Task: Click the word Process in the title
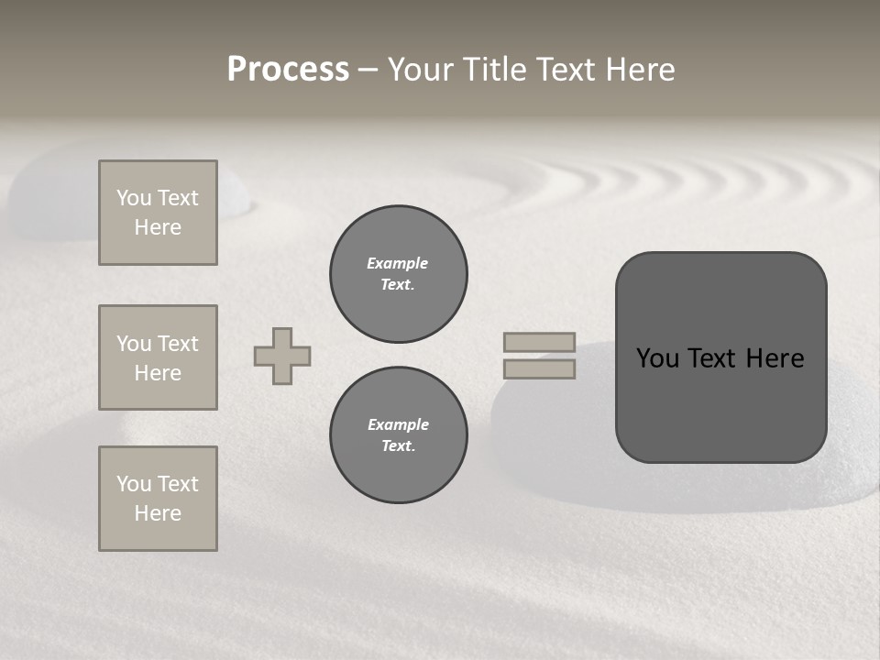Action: [x=288, y=70]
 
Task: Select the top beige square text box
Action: [x=158, y=213]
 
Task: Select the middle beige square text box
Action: [x=158, y=357]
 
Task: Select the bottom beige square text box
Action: [x=158, y=499]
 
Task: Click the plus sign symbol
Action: [x=282, y=356]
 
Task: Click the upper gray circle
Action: [x=399, y=274]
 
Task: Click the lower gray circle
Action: [x=399, y=435]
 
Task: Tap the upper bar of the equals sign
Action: [x=539, y=342]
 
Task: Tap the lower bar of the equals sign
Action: [x=539, y=369]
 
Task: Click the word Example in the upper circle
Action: [x=398, y=263]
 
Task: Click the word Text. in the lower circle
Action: [x=398, y=446]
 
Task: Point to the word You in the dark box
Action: [x=657, y=358]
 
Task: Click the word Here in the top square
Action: [x=158, y=227]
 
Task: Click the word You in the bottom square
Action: [x=134, y=484]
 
